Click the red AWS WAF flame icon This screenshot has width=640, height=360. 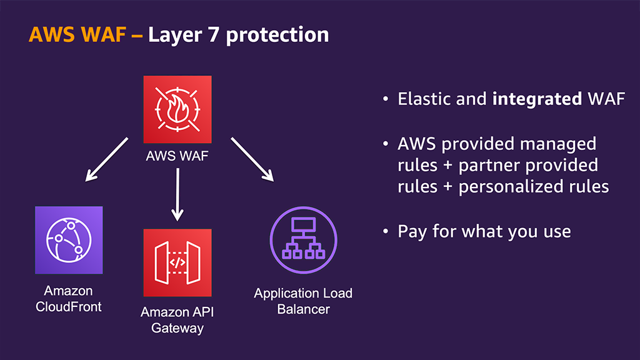tap(177, 109)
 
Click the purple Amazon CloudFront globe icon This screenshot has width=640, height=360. tap(68, 240)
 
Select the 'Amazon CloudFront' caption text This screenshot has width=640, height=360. tap(68, 299)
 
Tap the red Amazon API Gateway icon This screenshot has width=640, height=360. tap(177, 262)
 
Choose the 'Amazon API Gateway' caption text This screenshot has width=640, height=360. tap(177, 319)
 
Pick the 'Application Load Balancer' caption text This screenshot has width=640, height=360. tap(303, 301)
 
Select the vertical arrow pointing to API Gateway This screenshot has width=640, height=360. tap(177, 194)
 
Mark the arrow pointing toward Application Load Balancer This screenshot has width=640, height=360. tap(252, 159)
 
